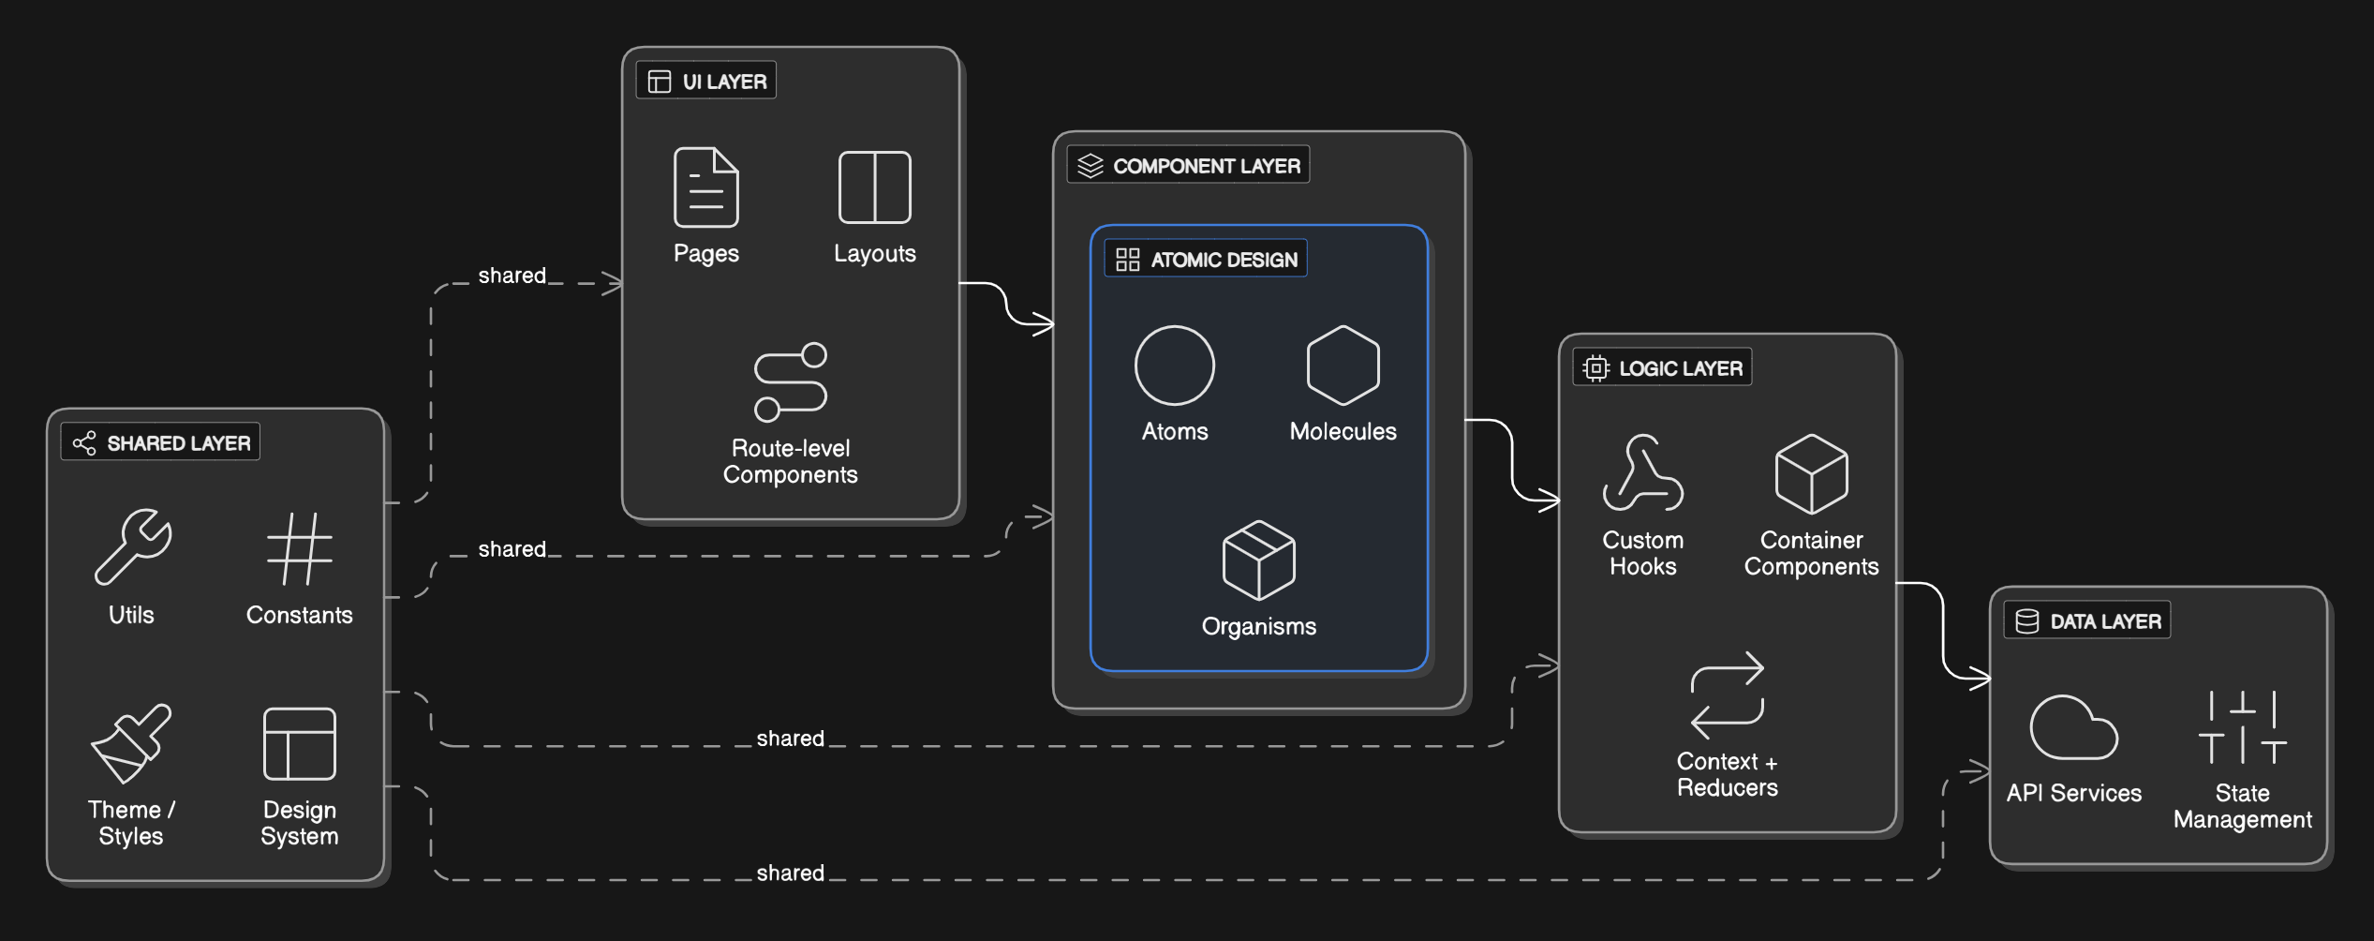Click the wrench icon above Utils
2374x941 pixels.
[x=132, y=547]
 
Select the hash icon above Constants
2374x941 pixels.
[x=300, y=548]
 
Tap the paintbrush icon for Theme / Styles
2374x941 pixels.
[x=131, y=743]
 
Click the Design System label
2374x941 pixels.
[x=300, y=823]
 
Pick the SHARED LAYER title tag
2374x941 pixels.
[x=161, y=442]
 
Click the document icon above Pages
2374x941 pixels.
[x=706, y=187]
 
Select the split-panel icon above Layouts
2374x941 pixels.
[x=874, y=187]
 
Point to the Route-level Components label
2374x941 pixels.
[x=790, y=461]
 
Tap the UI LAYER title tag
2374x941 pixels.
[x=706, y=81]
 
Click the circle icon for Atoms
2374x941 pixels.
[x=1175, y=366]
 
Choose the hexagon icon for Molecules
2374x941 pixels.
[x=1343, y=366]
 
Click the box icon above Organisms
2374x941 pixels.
[x=1258, y=560]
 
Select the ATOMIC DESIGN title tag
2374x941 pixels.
[x=1206, y=259]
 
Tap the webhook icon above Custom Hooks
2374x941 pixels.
[x=1642, y=473]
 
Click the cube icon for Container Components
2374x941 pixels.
[x=1811, y=474]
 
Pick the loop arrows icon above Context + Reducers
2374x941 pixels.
[x=1727, y=695]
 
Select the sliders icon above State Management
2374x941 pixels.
[x=2242, y=727]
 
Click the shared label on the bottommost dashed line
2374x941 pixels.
[x=790, y=873]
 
